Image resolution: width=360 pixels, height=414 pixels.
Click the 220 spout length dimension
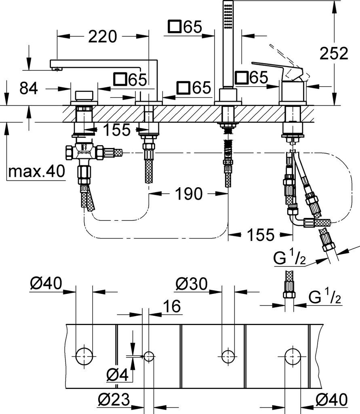pyautogui.click(x=102, y=36)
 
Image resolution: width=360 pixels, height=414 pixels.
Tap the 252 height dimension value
pyautogui.click(x=334, y=53)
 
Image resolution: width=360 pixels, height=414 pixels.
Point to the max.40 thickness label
pyautogui.click(x=36, y=171)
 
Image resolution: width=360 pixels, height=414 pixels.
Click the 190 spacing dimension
pyautogui.click(x=189, y=194)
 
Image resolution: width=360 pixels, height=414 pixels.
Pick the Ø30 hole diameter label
pyautogui.click(x=192, y=284)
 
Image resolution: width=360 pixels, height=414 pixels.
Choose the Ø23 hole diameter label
pyautogui.click(x=114, y=399)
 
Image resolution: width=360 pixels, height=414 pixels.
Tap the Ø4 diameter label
pyautogui.click(x=118, y=375)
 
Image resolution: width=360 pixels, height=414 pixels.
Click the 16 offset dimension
pyautogui.click(x=172, y=306)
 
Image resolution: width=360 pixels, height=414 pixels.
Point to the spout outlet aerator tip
pyautogui.click(x=57, y=69)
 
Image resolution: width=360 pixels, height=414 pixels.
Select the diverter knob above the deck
pyautogui.click(x=84, y=96)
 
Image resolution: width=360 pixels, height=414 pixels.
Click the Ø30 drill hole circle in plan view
pyautogui.click(x=228, y=356)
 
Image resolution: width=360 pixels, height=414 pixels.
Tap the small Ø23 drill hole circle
pyautogui.click(x=149, y=356)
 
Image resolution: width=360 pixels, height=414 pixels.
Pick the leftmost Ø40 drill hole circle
pyautogui.click(x=84, y=356)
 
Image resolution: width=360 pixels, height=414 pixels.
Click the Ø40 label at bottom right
pyautogui.click(x=332, y=399)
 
